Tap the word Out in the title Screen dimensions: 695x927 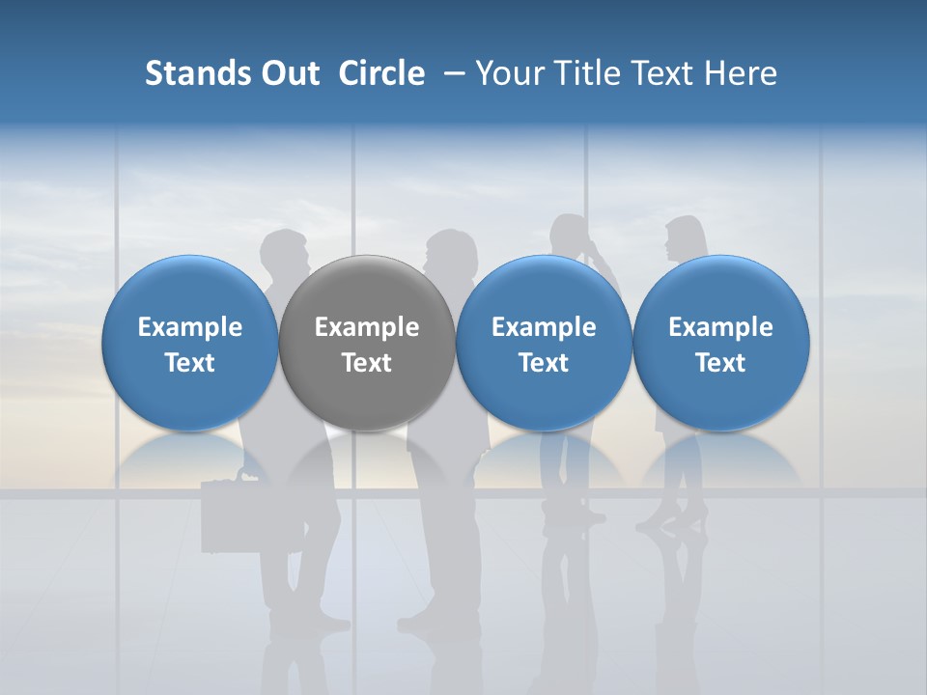coord(287,73)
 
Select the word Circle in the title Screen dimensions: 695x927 coord(381,73)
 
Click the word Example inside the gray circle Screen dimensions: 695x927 coord(367,327)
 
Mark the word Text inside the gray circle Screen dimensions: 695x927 coord(367,363)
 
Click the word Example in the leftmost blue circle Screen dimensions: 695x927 coord(190,327)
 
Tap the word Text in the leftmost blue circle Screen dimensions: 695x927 coord(190,363)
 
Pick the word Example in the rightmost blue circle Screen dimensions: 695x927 coord(720,327)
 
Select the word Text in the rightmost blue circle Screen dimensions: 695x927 coord(720,363)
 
